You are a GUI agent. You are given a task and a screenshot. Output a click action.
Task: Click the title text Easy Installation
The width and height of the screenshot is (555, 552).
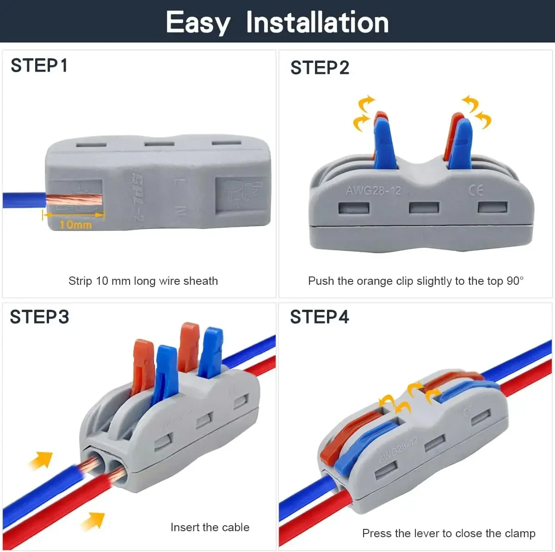277,22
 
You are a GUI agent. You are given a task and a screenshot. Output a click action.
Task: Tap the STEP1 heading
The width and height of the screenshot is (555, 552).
39,66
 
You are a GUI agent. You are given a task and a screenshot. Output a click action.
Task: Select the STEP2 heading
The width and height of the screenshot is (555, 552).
320,68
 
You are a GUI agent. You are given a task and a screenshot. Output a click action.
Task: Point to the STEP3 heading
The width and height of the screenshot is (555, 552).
39,317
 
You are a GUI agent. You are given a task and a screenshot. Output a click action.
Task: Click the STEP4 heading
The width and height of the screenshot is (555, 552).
320,317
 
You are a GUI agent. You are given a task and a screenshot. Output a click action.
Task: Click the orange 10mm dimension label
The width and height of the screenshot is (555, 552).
75,225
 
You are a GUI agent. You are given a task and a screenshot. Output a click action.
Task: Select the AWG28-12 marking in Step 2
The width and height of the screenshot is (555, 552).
373,190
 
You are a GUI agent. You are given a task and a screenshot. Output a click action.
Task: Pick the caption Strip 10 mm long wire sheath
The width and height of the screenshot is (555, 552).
143,281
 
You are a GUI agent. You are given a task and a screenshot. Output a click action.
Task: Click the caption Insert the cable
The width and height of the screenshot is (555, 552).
210,527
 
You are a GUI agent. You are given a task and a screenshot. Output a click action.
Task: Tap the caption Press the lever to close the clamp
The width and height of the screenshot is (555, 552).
449,534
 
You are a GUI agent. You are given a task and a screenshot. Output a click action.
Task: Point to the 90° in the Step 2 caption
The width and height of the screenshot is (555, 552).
515,281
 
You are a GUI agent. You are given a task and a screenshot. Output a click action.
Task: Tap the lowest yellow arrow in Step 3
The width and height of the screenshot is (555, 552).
93,521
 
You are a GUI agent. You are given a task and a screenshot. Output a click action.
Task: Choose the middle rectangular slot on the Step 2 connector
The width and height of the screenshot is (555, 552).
424,208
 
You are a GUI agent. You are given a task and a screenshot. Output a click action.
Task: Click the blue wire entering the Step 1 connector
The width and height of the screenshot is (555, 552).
23,200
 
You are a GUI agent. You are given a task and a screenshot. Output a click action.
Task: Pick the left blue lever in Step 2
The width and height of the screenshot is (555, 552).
385,143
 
